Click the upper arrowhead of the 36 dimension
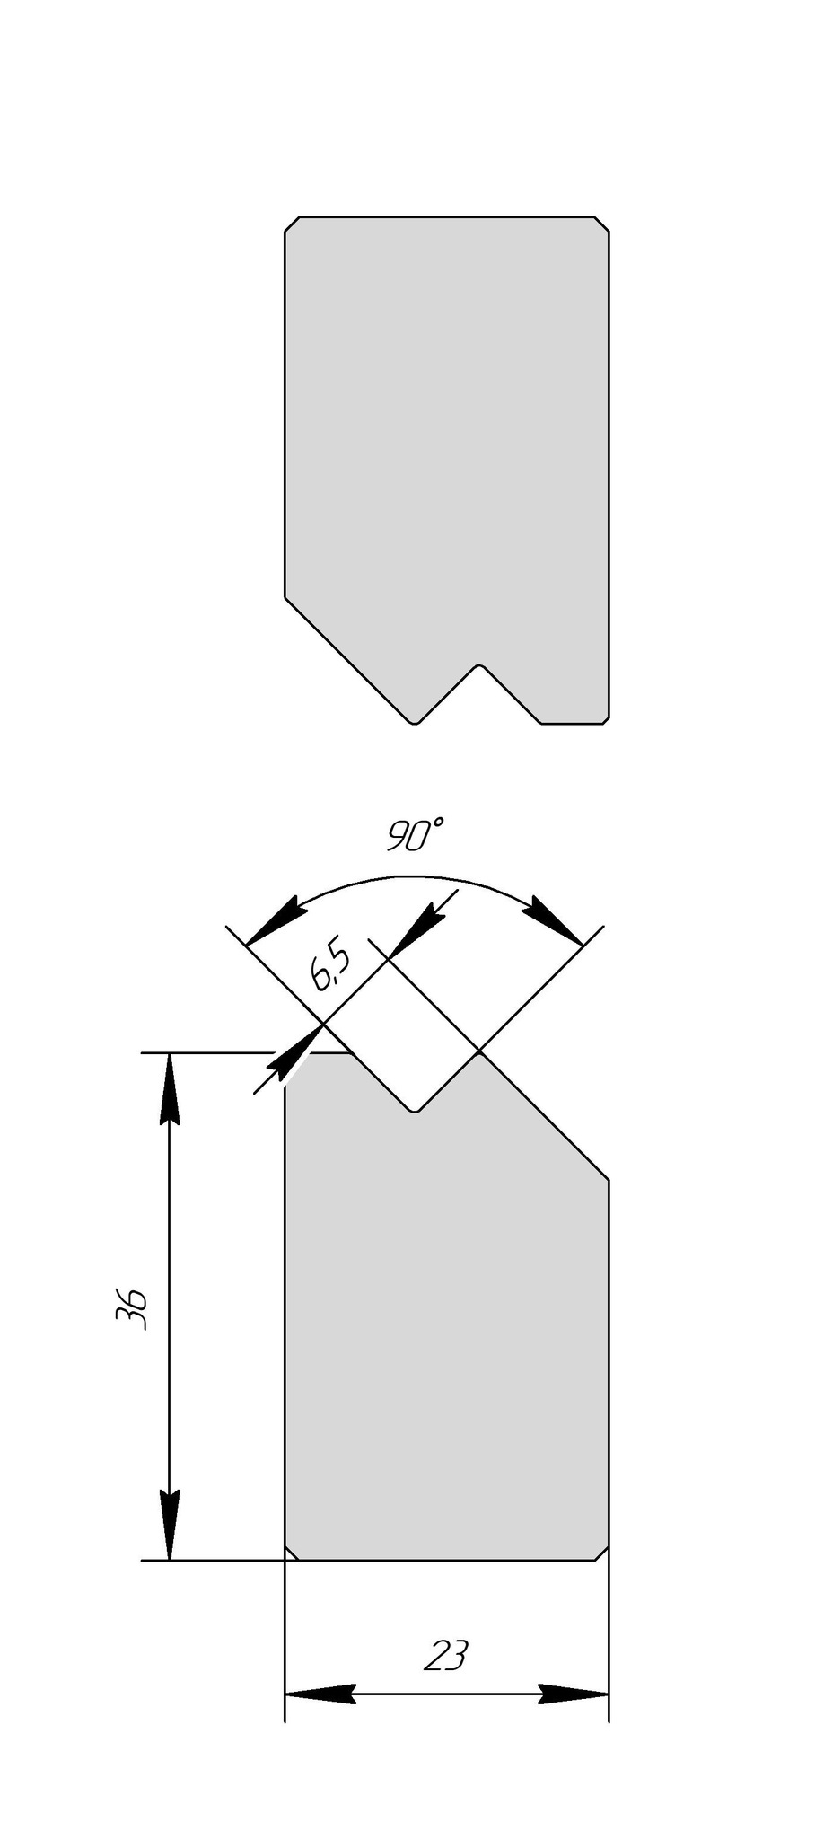pos(170,1088)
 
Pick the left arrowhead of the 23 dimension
pos(320,1694)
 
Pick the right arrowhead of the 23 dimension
pos(574,1694)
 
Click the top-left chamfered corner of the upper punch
pos(292,224)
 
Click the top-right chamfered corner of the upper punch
pos(602,224)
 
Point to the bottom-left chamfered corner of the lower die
pos(292,1553)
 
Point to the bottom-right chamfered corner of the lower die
pos(602,1553)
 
